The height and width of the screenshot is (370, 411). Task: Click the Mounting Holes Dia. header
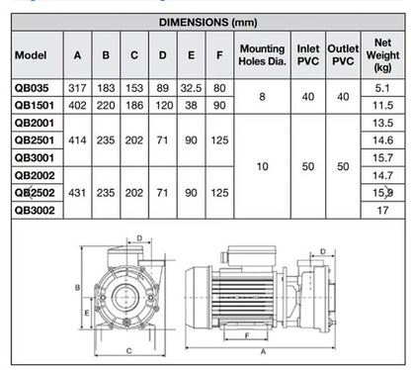point(262,55)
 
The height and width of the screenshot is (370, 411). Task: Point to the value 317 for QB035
point(77,87)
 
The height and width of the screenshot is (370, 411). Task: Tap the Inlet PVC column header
point(307,55)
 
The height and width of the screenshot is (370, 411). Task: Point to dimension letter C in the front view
point(127,350)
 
